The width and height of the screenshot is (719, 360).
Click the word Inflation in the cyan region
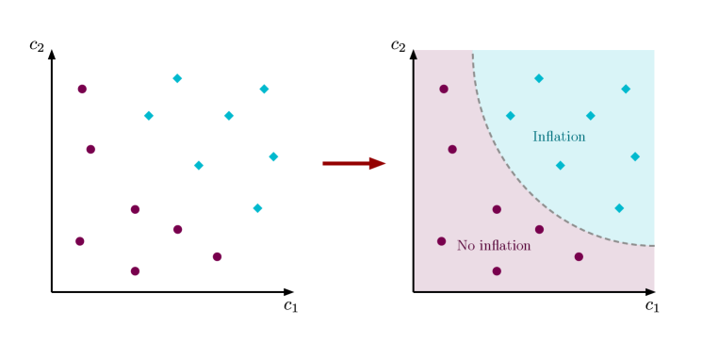[559, 138]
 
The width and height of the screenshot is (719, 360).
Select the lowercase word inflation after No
[504, 246]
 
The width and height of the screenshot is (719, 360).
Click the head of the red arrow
[378, 164]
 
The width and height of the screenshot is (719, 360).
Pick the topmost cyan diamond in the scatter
[177, 79]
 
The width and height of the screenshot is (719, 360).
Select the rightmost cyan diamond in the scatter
[273, 157]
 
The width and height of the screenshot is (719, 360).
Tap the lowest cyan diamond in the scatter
[257, 208]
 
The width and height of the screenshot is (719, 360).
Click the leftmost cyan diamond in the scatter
[149, 116]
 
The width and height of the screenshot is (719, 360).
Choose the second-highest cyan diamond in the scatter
[264, 90]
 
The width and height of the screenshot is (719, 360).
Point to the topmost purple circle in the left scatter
[82, 90]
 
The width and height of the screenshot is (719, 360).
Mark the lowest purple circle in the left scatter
[135, 271]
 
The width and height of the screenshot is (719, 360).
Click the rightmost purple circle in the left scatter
[217, 256]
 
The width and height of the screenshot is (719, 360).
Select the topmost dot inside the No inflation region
[444, 90]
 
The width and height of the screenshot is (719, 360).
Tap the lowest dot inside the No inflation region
[497, 271]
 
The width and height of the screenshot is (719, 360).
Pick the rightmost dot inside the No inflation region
[579, 256]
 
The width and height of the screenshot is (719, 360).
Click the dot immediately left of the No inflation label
[441, 241]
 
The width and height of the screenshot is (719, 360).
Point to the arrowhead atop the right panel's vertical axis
[416, 55]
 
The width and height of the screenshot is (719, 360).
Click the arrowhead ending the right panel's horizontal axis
[650, 290]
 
